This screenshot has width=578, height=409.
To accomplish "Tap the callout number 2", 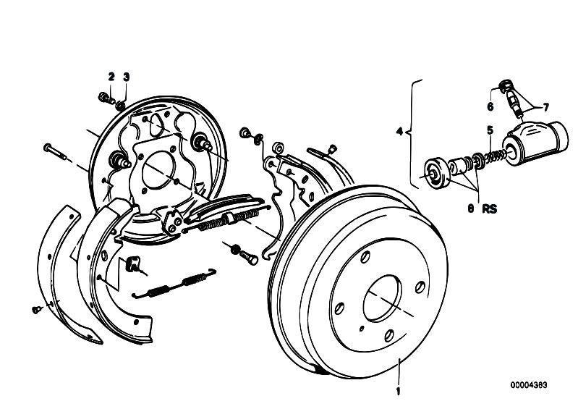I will coord(111,76).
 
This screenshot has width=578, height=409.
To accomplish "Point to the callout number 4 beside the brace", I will coord(399,132).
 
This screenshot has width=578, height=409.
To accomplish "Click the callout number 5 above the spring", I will coord(489,130).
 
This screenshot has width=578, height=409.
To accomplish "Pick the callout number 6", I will coord(490,106).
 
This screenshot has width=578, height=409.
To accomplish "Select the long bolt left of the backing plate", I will coord(57,153).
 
